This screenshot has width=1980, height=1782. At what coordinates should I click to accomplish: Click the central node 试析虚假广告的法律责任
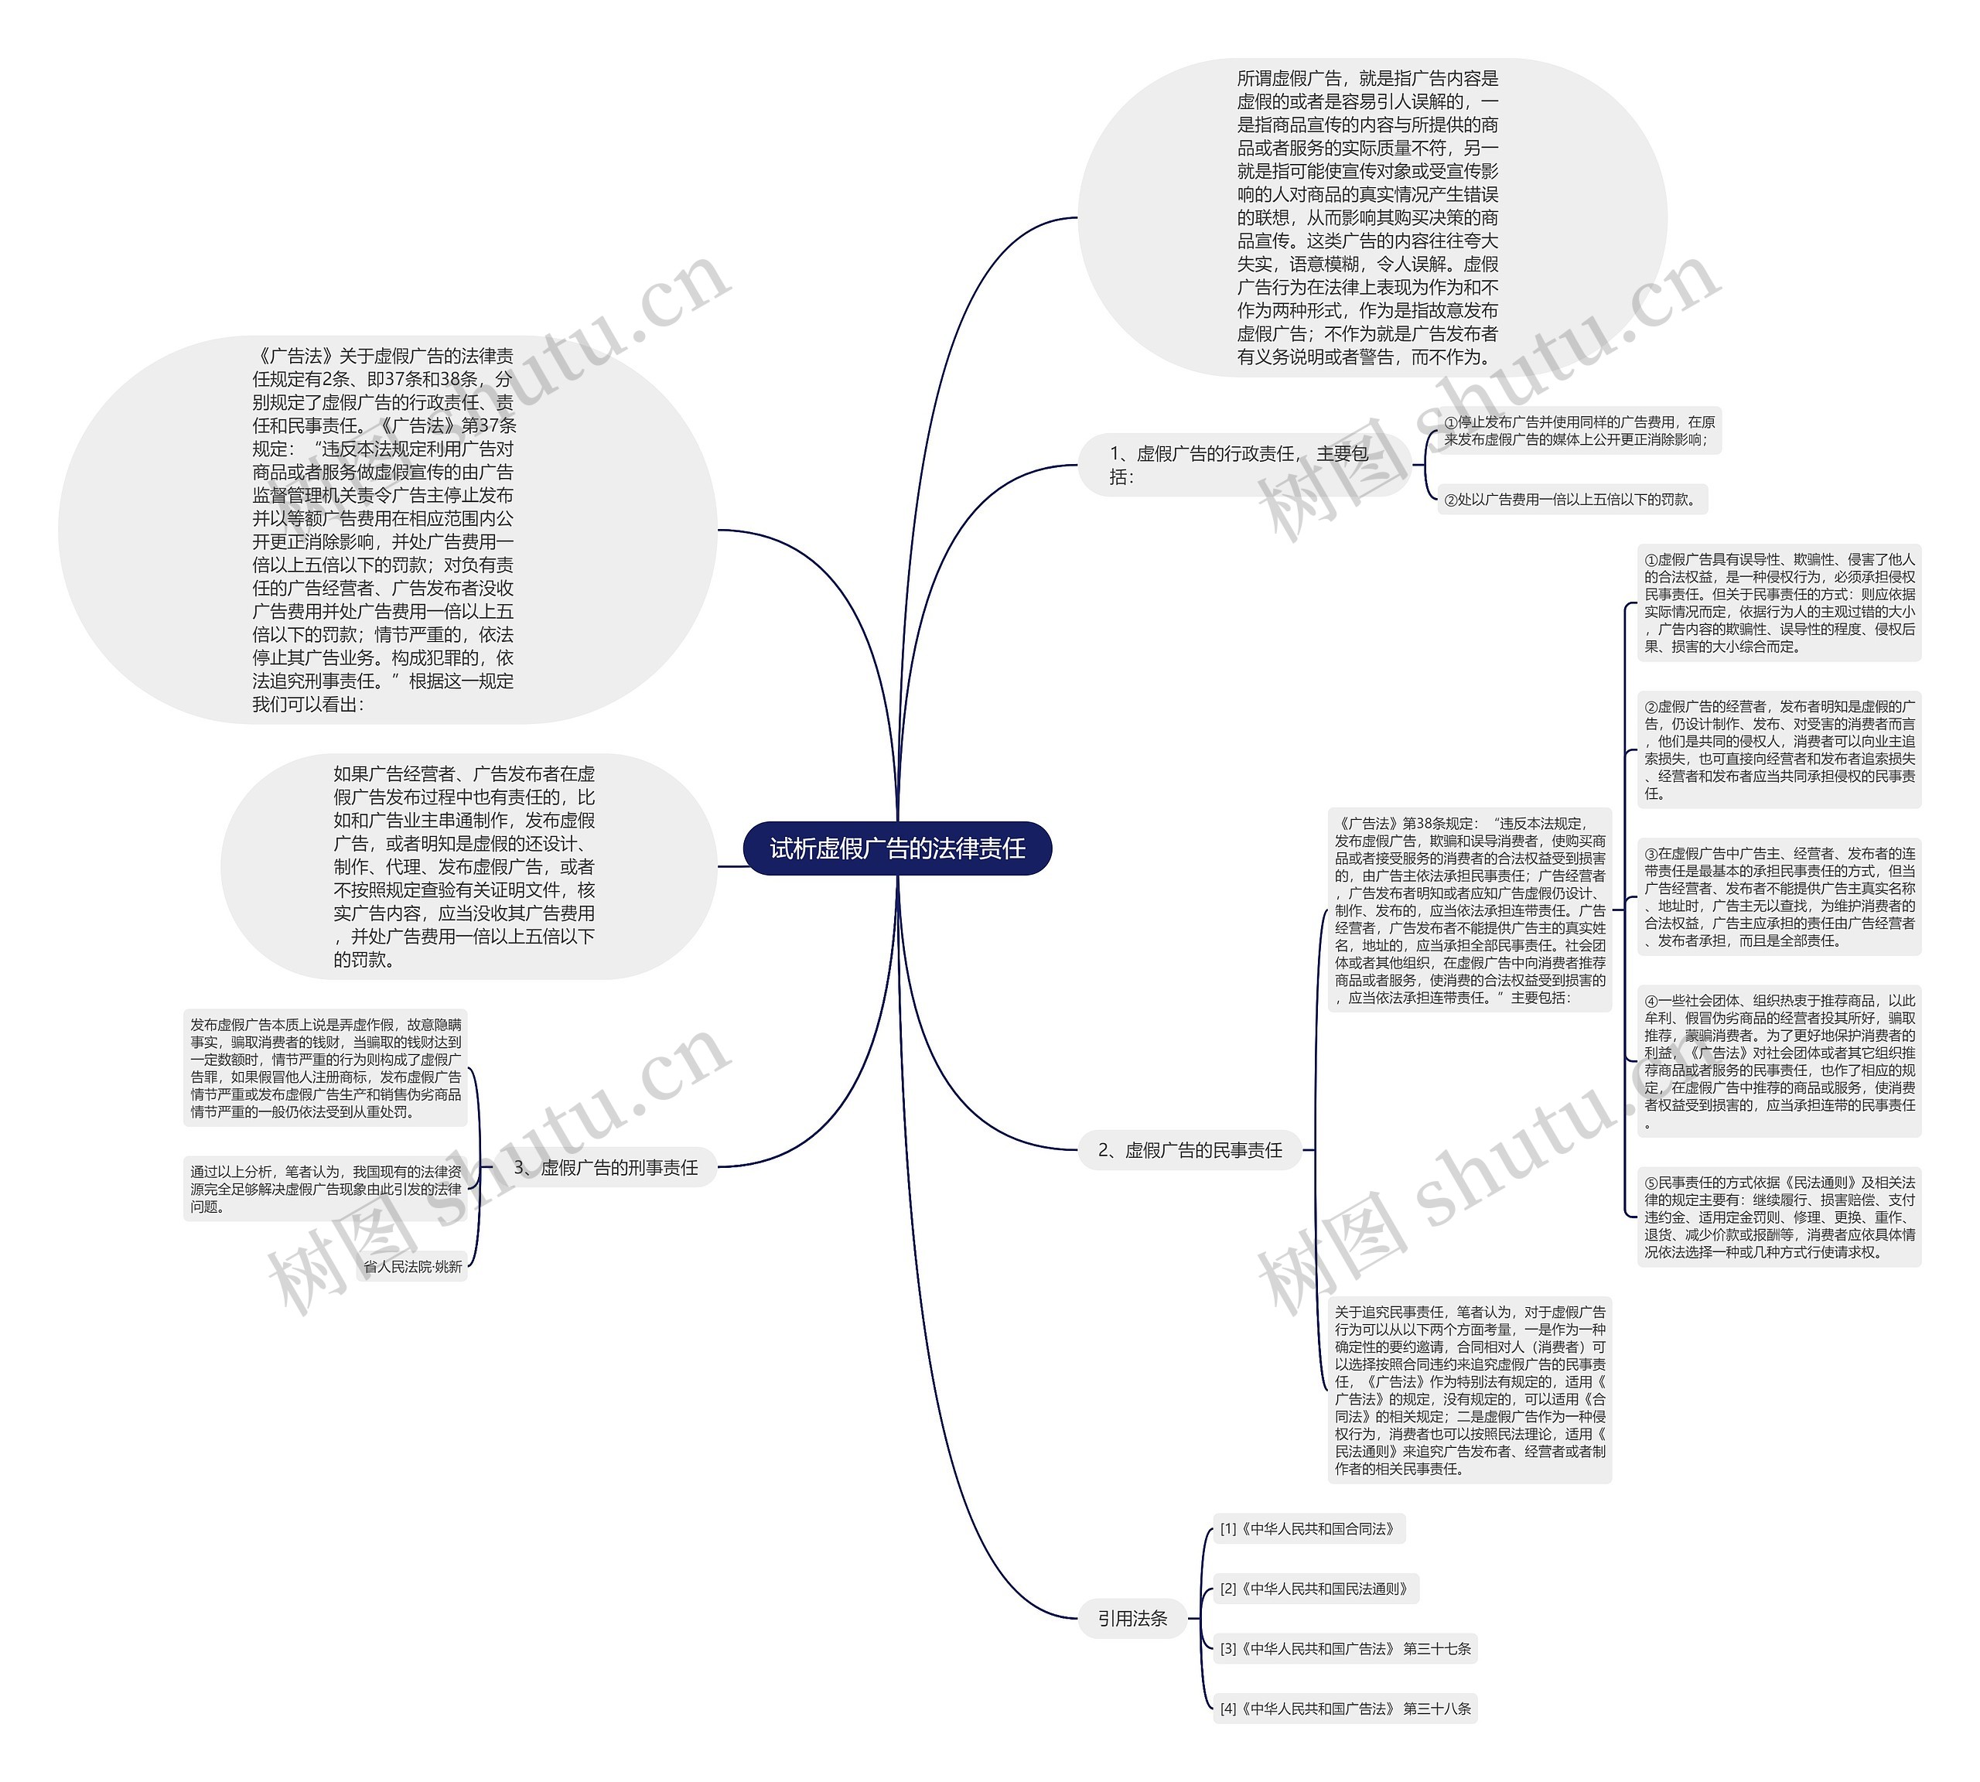[897, 848]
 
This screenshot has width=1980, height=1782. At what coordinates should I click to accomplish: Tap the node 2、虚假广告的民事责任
[1190, 1149]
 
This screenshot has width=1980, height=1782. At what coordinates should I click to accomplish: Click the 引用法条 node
[1132, 1619]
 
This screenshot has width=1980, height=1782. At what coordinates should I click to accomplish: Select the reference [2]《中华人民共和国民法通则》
[1315, 1588]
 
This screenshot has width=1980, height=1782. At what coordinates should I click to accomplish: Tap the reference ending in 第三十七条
[1344, 1648]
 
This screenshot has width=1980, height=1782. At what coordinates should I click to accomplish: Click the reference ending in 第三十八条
[1344, 1709]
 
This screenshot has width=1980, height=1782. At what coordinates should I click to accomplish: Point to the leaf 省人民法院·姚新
[412, 1266]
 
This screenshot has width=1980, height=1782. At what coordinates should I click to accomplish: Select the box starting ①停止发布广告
[1579, 431]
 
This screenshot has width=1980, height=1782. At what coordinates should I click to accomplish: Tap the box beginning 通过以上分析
[325, 1189]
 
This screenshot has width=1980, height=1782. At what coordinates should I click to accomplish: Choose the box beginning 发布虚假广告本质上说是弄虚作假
[325, 1067]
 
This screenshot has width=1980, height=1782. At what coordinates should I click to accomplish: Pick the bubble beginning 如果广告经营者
[464, 866]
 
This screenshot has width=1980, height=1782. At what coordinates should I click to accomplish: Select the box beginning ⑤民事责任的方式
[1778, 1217]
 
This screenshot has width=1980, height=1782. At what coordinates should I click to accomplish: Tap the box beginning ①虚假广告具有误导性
[1778, 603]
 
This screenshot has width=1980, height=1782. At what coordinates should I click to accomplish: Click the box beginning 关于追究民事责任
[1469, 1389]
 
